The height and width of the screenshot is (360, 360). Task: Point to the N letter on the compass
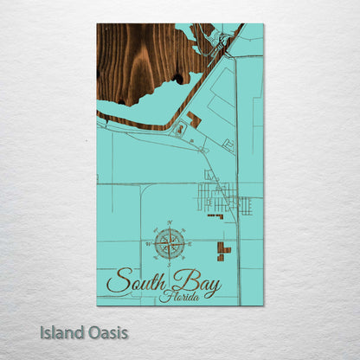pyautogui.click(x=170, y=224)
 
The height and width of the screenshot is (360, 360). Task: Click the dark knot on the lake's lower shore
pyautogui.click(x=177, y=79)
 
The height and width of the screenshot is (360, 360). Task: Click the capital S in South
pyautogui.click(x=115, y=282)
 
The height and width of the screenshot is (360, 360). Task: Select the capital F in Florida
pyautogui.click(x=164, y=296)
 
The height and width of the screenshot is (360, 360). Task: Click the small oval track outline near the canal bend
pyautogui.click(x=179, y=130)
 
